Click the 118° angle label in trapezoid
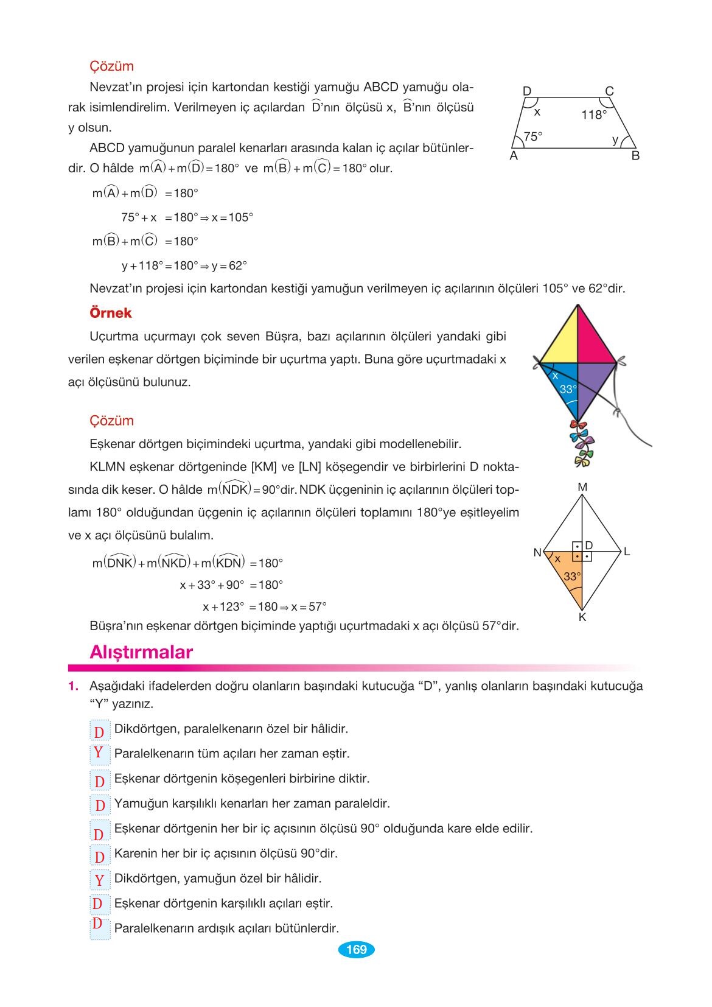pos(594,115)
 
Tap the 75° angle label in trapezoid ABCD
pos(532,137)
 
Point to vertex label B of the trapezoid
pos(635,156)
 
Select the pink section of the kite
pos(596,339)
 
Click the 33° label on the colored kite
pos(568,389)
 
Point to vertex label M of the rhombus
pos(582,487)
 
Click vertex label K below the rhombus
pos(582,617)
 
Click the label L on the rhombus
pos(627,552)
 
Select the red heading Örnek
pos(110,313)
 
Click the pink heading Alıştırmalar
pos(141,652)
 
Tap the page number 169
pos(356,949)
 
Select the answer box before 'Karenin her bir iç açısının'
pos(99,857)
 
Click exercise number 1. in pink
pos(74,686)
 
